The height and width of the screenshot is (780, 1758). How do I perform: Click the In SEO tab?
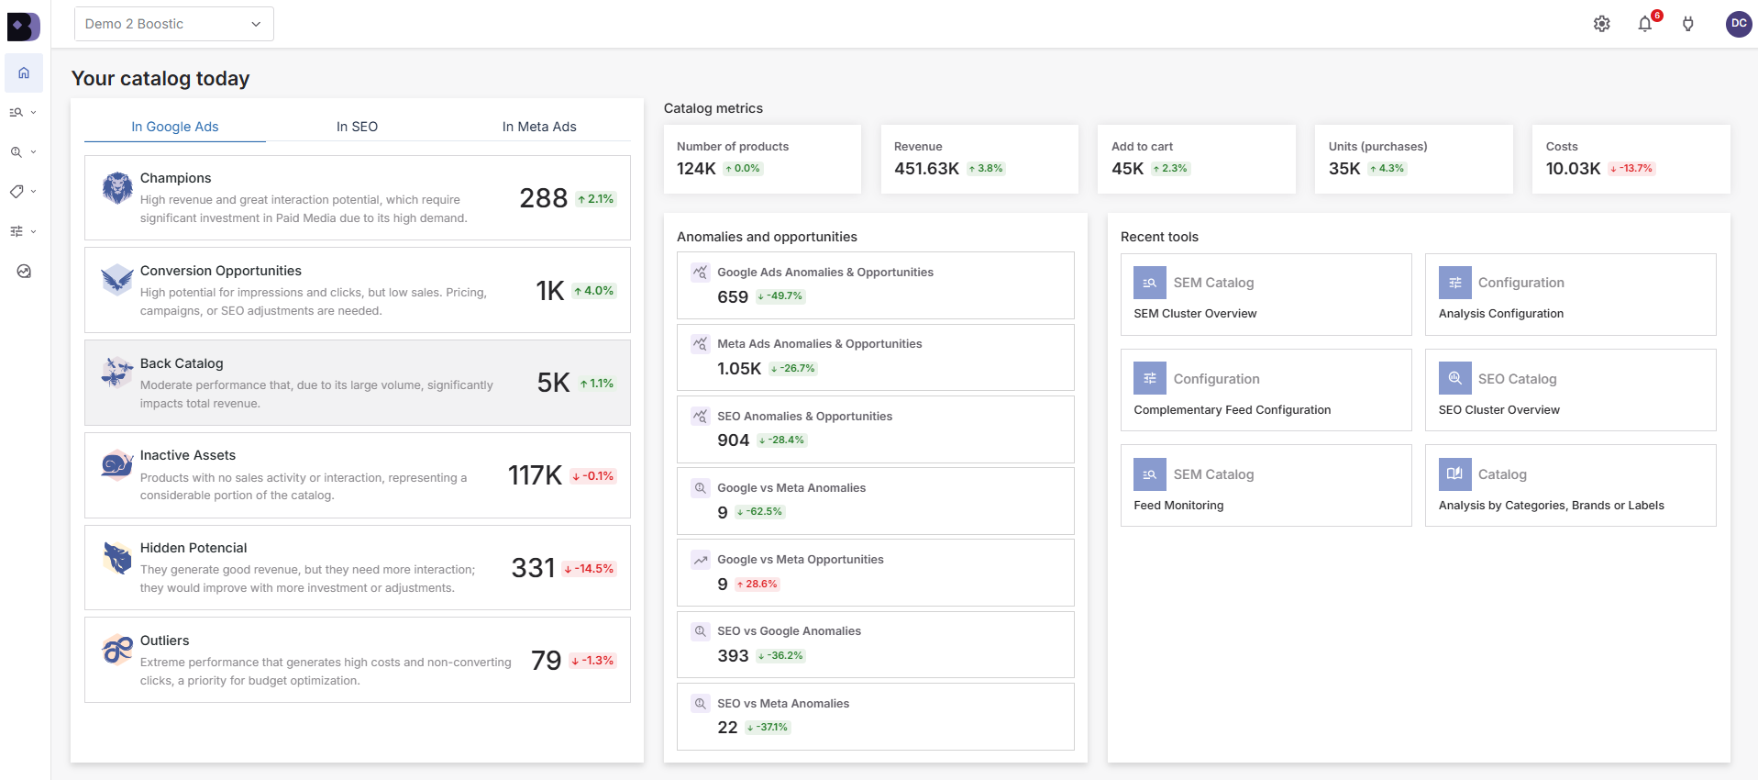[357, 127]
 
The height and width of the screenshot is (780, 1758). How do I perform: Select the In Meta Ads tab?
[539, 127]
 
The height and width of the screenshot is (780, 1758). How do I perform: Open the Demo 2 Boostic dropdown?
[173, 24]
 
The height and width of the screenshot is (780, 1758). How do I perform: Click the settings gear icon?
[1601, 24]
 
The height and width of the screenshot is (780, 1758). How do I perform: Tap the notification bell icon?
[1644, 24]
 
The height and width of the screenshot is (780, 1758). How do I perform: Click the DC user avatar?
[1738, 24]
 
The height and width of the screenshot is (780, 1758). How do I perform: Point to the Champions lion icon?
[117, 188]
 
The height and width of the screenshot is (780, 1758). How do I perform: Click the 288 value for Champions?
[543, 198]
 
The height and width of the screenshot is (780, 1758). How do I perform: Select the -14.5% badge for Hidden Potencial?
[589, 569]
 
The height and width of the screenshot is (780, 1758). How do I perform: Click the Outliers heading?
[164, 641]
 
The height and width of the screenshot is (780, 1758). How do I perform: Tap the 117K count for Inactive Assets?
[535, 475]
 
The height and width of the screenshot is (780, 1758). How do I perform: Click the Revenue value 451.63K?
[926, 169]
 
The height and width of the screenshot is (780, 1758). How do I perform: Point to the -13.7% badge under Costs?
[1631, 169]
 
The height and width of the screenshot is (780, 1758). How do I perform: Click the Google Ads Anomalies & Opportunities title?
[824, 273]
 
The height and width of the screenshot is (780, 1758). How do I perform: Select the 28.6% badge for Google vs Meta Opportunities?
[757, 585]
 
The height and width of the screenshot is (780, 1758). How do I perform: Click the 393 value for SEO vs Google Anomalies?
[733, 656]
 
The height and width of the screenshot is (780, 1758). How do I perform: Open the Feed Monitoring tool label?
[1178, 506]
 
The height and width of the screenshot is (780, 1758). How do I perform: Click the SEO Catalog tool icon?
[1454, 378]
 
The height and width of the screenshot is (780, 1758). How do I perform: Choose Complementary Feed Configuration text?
[1232, 410]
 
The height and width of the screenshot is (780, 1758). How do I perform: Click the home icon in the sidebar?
[24, 73]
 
